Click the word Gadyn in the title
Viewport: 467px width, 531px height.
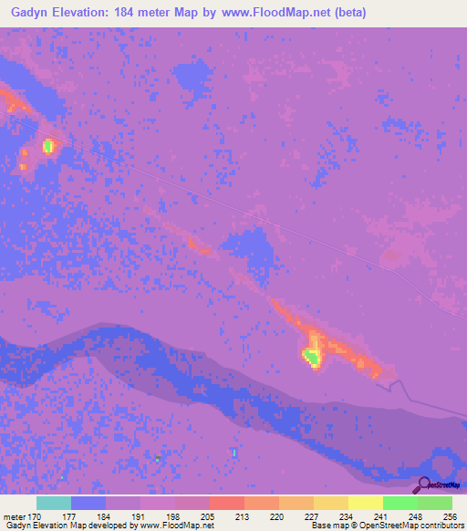(x=28, y=13)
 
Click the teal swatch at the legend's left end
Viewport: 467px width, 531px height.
(x=53, y=503)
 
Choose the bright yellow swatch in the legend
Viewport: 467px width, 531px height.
(x=365, y=503)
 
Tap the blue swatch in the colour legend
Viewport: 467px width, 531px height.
(x=88, y=503)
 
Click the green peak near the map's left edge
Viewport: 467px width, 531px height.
(x=48, y=145)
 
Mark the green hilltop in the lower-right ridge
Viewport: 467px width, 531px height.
(x=312, y=358)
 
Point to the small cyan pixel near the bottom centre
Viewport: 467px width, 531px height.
(x=234, y=452)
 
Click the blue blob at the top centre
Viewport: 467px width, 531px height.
(x=191, y=77)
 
